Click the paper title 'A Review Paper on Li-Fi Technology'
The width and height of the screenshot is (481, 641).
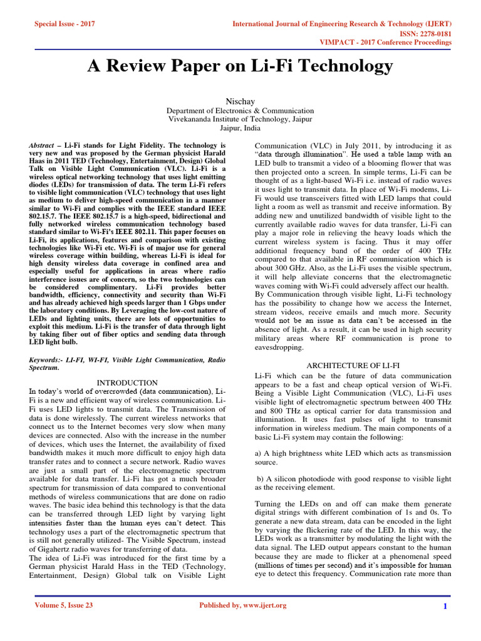240,66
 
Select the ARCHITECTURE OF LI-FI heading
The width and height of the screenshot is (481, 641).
353,364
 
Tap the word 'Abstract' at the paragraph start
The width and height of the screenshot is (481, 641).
41,145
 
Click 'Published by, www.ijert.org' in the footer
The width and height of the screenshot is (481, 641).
242,605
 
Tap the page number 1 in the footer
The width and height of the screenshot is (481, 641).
445,606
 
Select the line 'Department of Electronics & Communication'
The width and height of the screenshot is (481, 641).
240,111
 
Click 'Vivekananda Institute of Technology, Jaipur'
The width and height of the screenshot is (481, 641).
240,119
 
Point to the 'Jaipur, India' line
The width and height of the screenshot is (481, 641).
240,128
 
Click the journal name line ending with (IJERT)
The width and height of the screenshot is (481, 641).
342,23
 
